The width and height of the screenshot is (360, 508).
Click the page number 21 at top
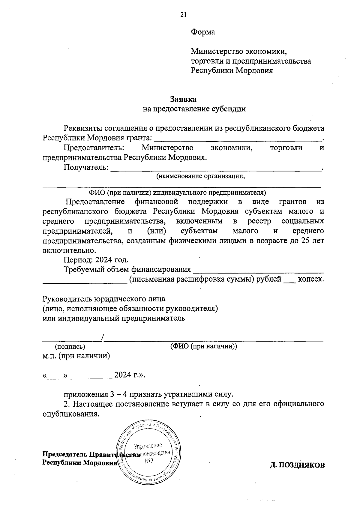click(x=183, y=15)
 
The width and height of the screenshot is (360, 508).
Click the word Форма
click(x=203, y=32)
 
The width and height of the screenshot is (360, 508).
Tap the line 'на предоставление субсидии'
click(x=194, y=109)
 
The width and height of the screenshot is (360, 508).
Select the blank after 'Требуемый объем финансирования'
click(x=258, y=270)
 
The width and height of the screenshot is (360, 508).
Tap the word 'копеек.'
click(x=311, y=279)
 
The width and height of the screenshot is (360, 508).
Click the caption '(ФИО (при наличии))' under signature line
click(x=203, y=346)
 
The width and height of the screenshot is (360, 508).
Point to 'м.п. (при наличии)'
click(x=76, y=356)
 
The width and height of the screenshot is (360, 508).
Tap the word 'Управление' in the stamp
click(x=148, y=445)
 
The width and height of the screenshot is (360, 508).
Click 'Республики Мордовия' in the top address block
click(x=232, y=71)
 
